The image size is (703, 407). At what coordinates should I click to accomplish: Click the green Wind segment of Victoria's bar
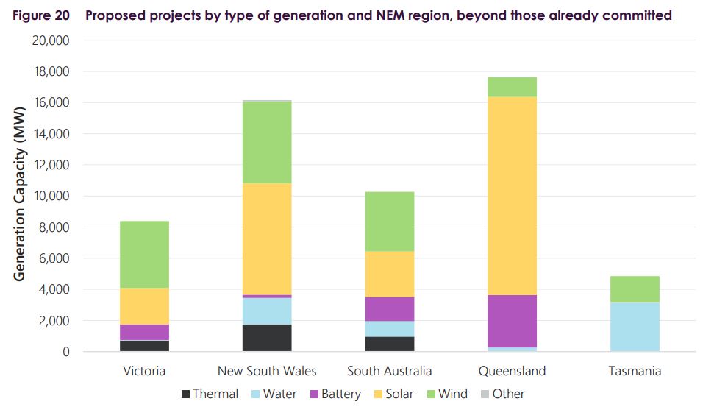pyautogui.click(x=144, y=254)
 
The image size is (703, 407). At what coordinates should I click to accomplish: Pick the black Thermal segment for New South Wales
pyautogui.click(x=267, y=338)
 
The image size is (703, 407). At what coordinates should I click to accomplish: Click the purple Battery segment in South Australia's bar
pyautogui.click(x=390, y=309)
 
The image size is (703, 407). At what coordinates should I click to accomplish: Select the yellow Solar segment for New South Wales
pyautogui.click(x=267, y=238)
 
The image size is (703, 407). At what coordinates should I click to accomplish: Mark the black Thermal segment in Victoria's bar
pyautogui.click(x=144, y=346)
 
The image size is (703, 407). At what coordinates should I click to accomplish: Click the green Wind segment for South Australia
pyautogui.click(x=390, y=222)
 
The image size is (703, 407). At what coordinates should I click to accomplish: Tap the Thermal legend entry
pyautogui.click(x=210, y=394)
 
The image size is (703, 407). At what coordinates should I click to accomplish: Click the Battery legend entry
pyautogui.click(x=333, y=394)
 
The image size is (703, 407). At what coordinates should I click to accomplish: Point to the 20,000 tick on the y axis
pyautogui.click(x=51, y=40)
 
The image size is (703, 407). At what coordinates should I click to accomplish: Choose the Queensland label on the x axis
pyautogui.click(x=512, y=370)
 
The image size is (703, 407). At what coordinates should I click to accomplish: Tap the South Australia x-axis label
pyautogui.click(x=390, y=370)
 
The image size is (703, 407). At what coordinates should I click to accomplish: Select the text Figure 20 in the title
pyautogui.click(x=40, y=15)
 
